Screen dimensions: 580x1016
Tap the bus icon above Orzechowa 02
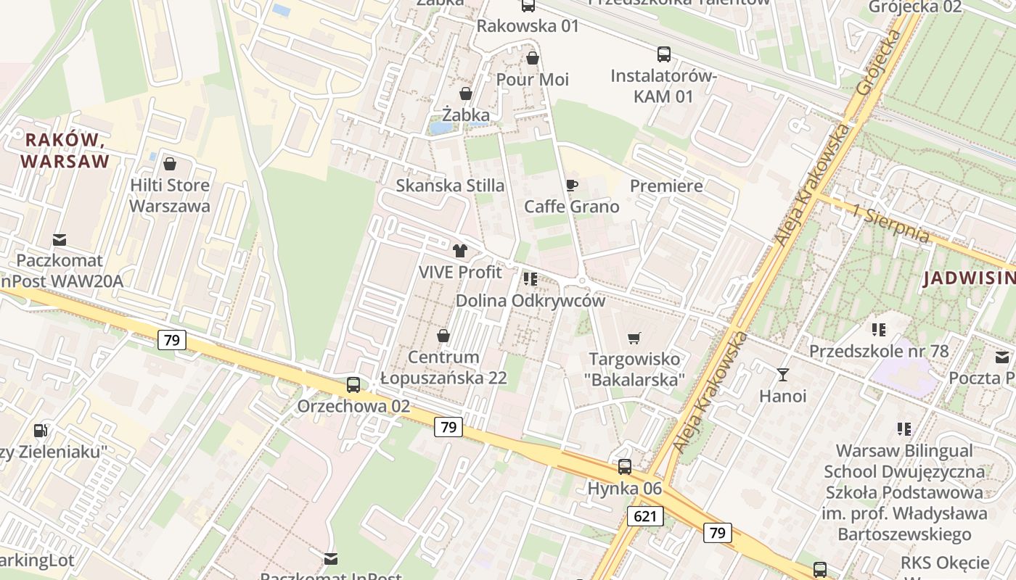pos(353,385)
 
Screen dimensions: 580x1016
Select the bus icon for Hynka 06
pos(625,467)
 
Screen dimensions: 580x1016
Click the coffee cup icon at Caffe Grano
pos(572,186)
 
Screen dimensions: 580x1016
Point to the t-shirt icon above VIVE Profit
pos(460,252)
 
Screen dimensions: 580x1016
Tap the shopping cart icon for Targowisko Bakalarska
pos(634,338)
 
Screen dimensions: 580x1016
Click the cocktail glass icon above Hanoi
pos(782,375)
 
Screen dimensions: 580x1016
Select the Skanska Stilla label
pos(450,186)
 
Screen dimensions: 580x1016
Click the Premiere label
pos(666,186)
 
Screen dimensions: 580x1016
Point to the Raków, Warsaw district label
pos(65,150)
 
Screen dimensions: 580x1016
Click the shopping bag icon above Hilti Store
pos(170,165)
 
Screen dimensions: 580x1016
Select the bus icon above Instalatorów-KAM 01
pos(663,54)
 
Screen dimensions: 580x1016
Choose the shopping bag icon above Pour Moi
pos(533,58)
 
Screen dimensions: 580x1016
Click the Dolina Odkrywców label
pos(530,300)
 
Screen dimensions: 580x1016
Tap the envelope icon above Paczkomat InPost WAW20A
pos(60,239)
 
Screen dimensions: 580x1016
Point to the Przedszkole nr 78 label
pos(879,352)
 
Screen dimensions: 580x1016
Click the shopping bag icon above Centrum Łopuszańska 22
pos(443,336)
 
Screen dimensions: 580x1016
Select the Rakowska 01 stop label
pos(528,26)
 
